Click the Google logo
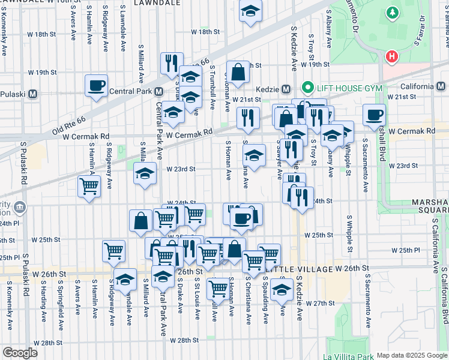point(19,353)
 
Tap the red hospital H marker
point(392,57)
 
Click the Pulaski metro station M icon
point(32,94)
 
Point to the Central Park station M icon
point(158,92)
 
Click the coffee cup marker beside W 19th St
point(95,86)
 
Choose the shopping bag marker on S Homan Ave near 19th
point(238,73)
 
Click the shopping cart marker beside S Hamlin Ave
point(89,187)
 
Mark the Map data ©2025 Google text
point(412,355)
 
